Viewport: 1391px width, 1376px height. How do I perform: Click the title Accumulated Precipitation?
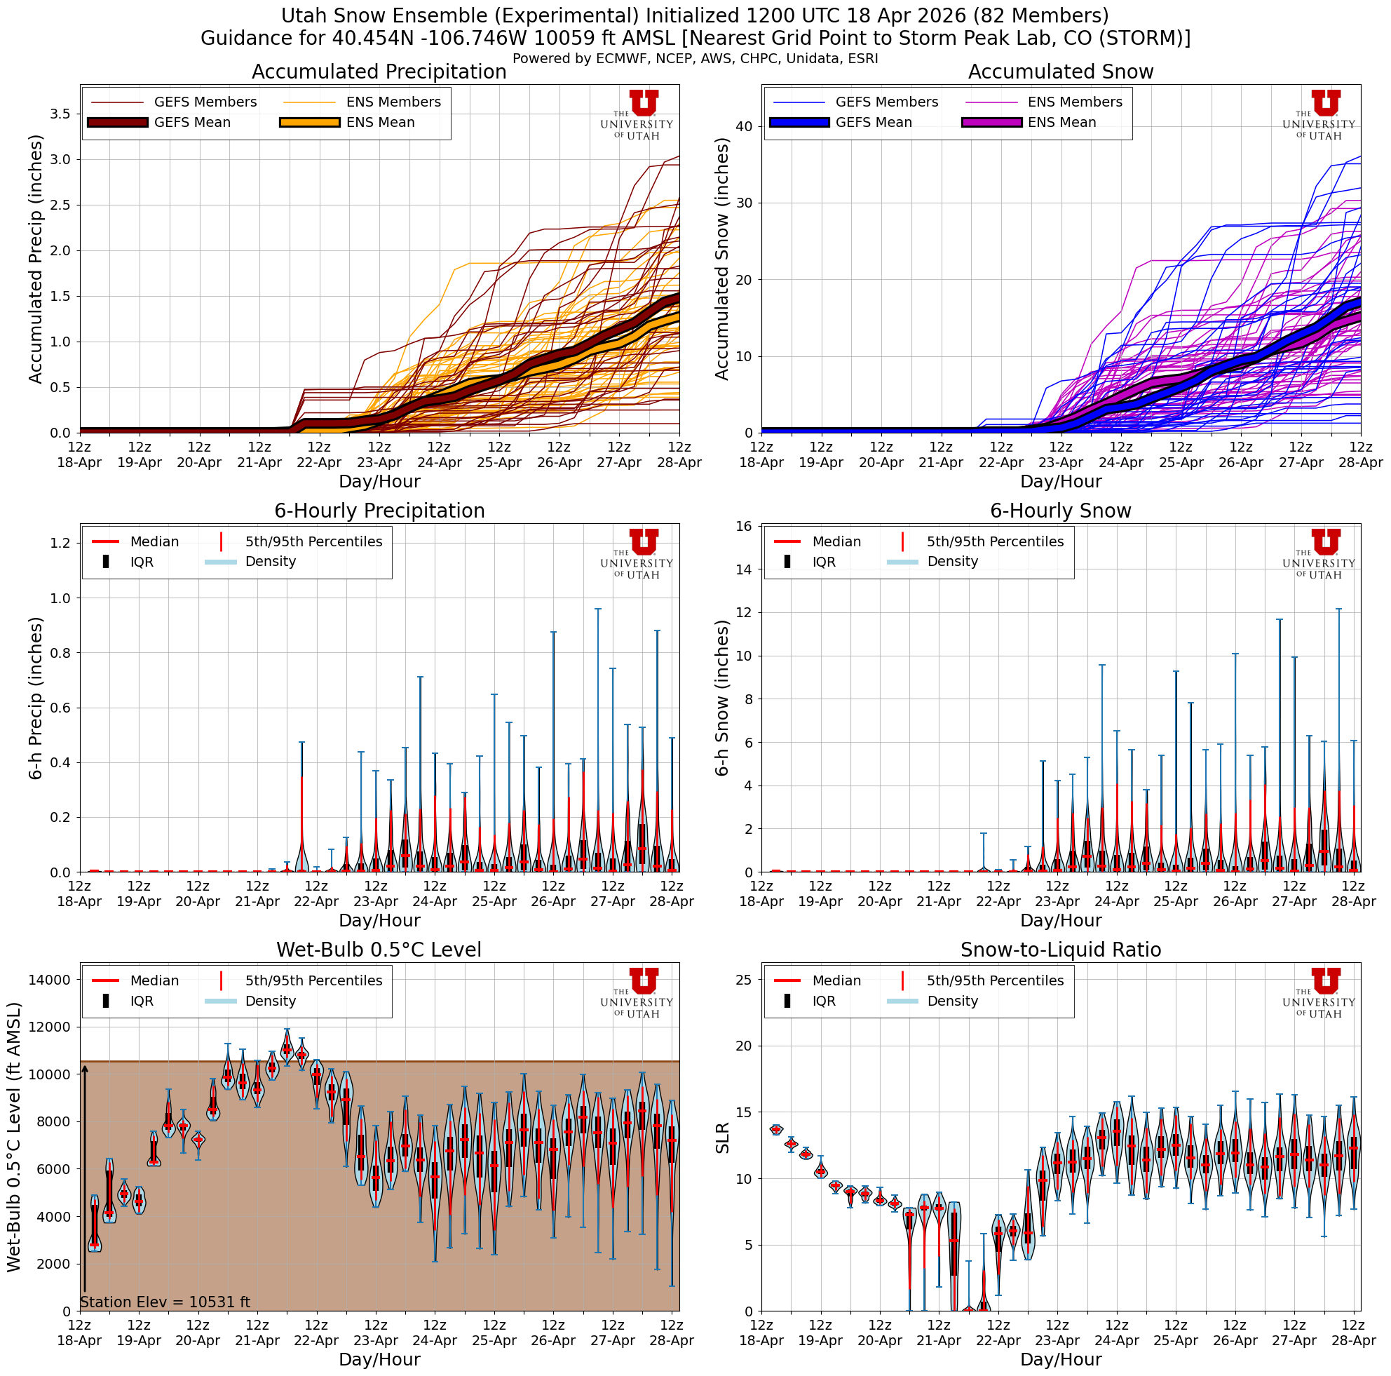click(379, 72)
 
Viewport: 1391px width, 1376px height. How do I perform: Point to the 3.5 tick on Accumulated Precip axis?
click(61, 114)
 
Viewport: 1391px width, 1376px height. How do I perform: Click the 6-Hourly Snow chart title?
click(1060, 511)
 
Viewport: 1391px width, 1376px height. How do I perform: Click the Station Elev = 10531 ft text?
click(165, 1302)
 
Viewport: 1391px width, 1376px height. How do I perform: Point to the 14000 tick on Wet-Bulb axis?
click(49, 980)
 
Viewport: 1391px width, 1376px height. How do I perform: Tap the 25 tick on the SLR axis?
click(744, 980)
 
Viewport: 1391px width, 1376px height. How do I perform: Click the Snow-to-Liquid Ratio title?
click(1060, 950)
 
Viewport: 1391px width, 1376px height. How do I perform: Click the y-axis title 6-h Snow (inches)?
click(722, 698)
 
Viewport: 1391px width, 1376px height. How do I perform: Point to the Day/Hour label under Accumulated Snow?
click(1060, 482)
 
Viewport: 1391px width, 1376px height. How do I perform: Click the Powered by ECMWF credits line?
click(695, 59)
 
